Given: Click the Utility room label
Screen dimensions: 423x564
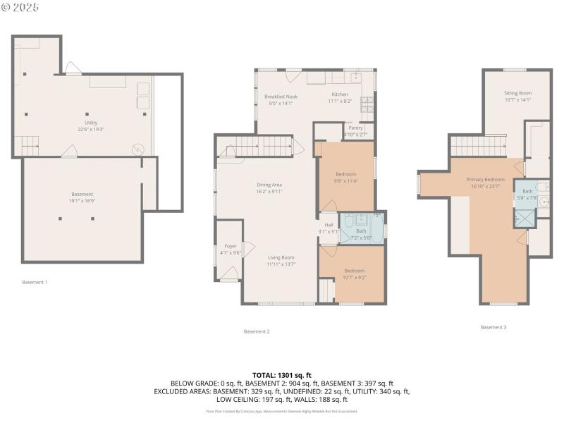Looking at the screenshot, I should [x=91, y=126].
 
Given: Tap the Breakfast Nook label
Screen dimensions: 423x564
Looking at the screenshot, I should [x=281, y=99].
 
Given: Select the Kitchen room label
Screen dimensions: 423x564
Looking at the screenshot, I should [x=340, y=98].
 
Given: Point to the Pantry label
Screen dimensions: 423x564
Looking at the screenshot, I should [x=355, y=130].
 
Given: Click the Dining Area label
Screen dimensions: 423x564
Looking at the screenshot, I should [x=269, y=188].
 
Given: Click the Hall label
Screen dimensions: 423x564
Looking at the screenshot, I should [x=329, y=228].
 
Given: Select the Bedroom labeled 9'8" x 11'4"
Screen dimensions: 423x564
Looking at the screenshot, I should [x=345, y=177].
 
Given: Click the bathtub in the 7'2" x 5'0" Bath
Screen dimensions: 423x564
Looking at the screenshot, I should [x=375, y=228].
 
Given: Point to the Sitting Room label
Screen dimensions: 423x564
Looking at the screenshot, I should [x=517, y=97].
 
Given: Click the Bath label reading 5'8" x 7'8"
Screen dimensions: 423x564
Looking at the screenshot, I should [x=527, y=195].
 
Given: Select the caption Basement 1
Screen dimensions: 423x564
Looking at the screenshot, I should [x=35, y=282].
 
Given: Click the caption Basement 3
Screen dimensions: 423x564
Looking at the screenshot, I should [x=493, y=327].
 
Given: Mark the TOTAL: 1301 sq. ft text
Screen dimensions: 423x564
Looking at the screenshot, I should [x=281, y=375].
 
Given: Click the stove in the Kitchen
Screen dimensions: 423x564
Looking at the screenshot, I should [x=367, y=106].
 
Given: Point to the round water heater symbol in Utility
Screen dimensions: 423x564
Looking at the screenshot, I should [x=139, y=149].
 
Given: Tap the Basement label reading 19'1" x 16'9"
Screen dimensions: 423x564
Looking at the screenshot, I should [x=82, y=197].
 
